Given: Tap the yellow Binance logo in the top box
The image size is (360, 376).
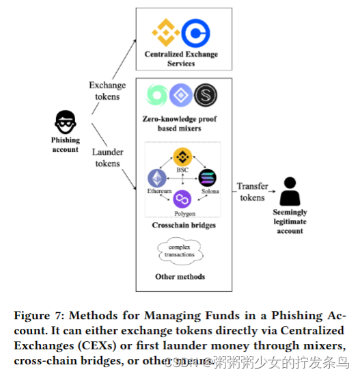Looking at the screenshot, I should click(165, 32).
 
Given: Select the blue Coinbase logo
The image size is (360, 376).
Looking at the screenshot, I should click(196, 33).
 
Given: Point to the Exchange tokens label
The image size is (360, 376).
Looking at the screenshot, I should click(107, 90).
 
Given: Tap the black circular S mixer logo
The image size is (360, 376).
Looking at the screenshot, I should click(206, 96).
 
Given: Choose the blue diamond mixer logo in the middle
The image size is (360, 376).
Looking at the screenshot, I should click(180, 96).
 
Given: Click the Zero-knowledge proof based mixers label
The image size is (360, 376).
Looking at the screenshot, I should click(180, 123).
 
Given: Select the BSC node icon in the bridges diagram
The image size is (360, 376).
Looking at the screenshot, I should click(182, 157).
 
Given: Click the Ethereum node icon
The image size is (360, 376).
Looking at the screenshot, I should click(157, 178).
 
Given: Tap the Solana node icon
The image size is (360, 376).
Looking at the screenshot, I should click(207, 178).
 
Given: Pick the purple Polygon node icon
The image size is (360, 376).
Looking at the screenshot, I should click(182, 199).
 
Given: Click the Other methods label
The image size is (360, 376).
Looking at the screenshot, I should click(180, 276).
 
